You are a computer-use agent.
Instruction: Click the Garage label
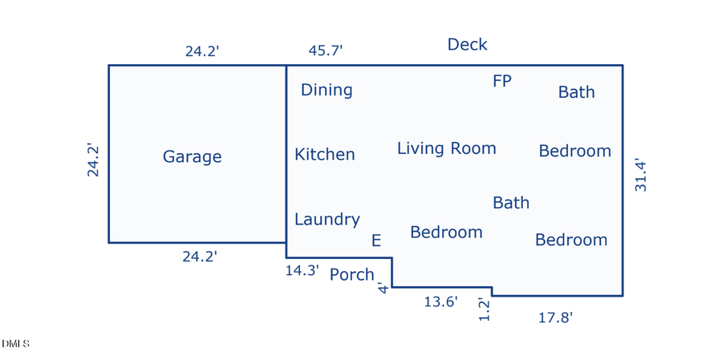point(192,157)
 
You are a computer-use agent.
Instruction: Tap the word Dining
point(327,91)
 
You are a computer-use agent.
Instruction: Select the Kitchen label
point(325,154)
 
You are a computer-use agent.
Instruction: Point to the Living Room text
point(447,148)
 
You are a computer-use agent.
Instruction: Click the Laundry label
point(327,220)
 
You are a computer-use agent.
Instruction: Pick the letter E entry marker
point(376,241)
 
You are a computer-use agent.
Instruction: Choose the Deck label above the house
point(468,45)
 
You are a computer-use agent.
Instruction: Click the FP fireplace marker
point(502,81)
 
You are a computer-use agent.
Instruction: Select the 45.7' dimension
point(326,51)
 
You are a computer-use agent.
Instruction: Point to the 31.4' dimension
point(641,176)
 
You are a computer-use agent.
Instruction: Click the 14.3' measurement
point(302,270)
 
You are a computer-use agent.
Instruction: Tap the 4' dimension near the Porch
point(383,289)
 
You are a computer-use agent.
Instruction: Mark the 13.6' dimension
point(441,302)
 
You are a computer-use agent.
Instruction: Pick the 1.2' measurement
point(484,309)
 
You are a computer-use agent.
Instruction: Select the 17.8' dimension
point(556,318)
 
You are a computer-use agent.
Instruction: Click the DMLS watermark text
point(15,344)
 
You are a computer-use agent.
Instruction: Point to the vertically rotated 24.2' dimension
point(94,160)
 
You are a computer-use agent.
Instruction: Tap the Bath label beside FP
point(577,92)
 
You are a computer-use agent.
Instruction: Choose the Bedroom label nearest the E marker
point(446,232)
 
